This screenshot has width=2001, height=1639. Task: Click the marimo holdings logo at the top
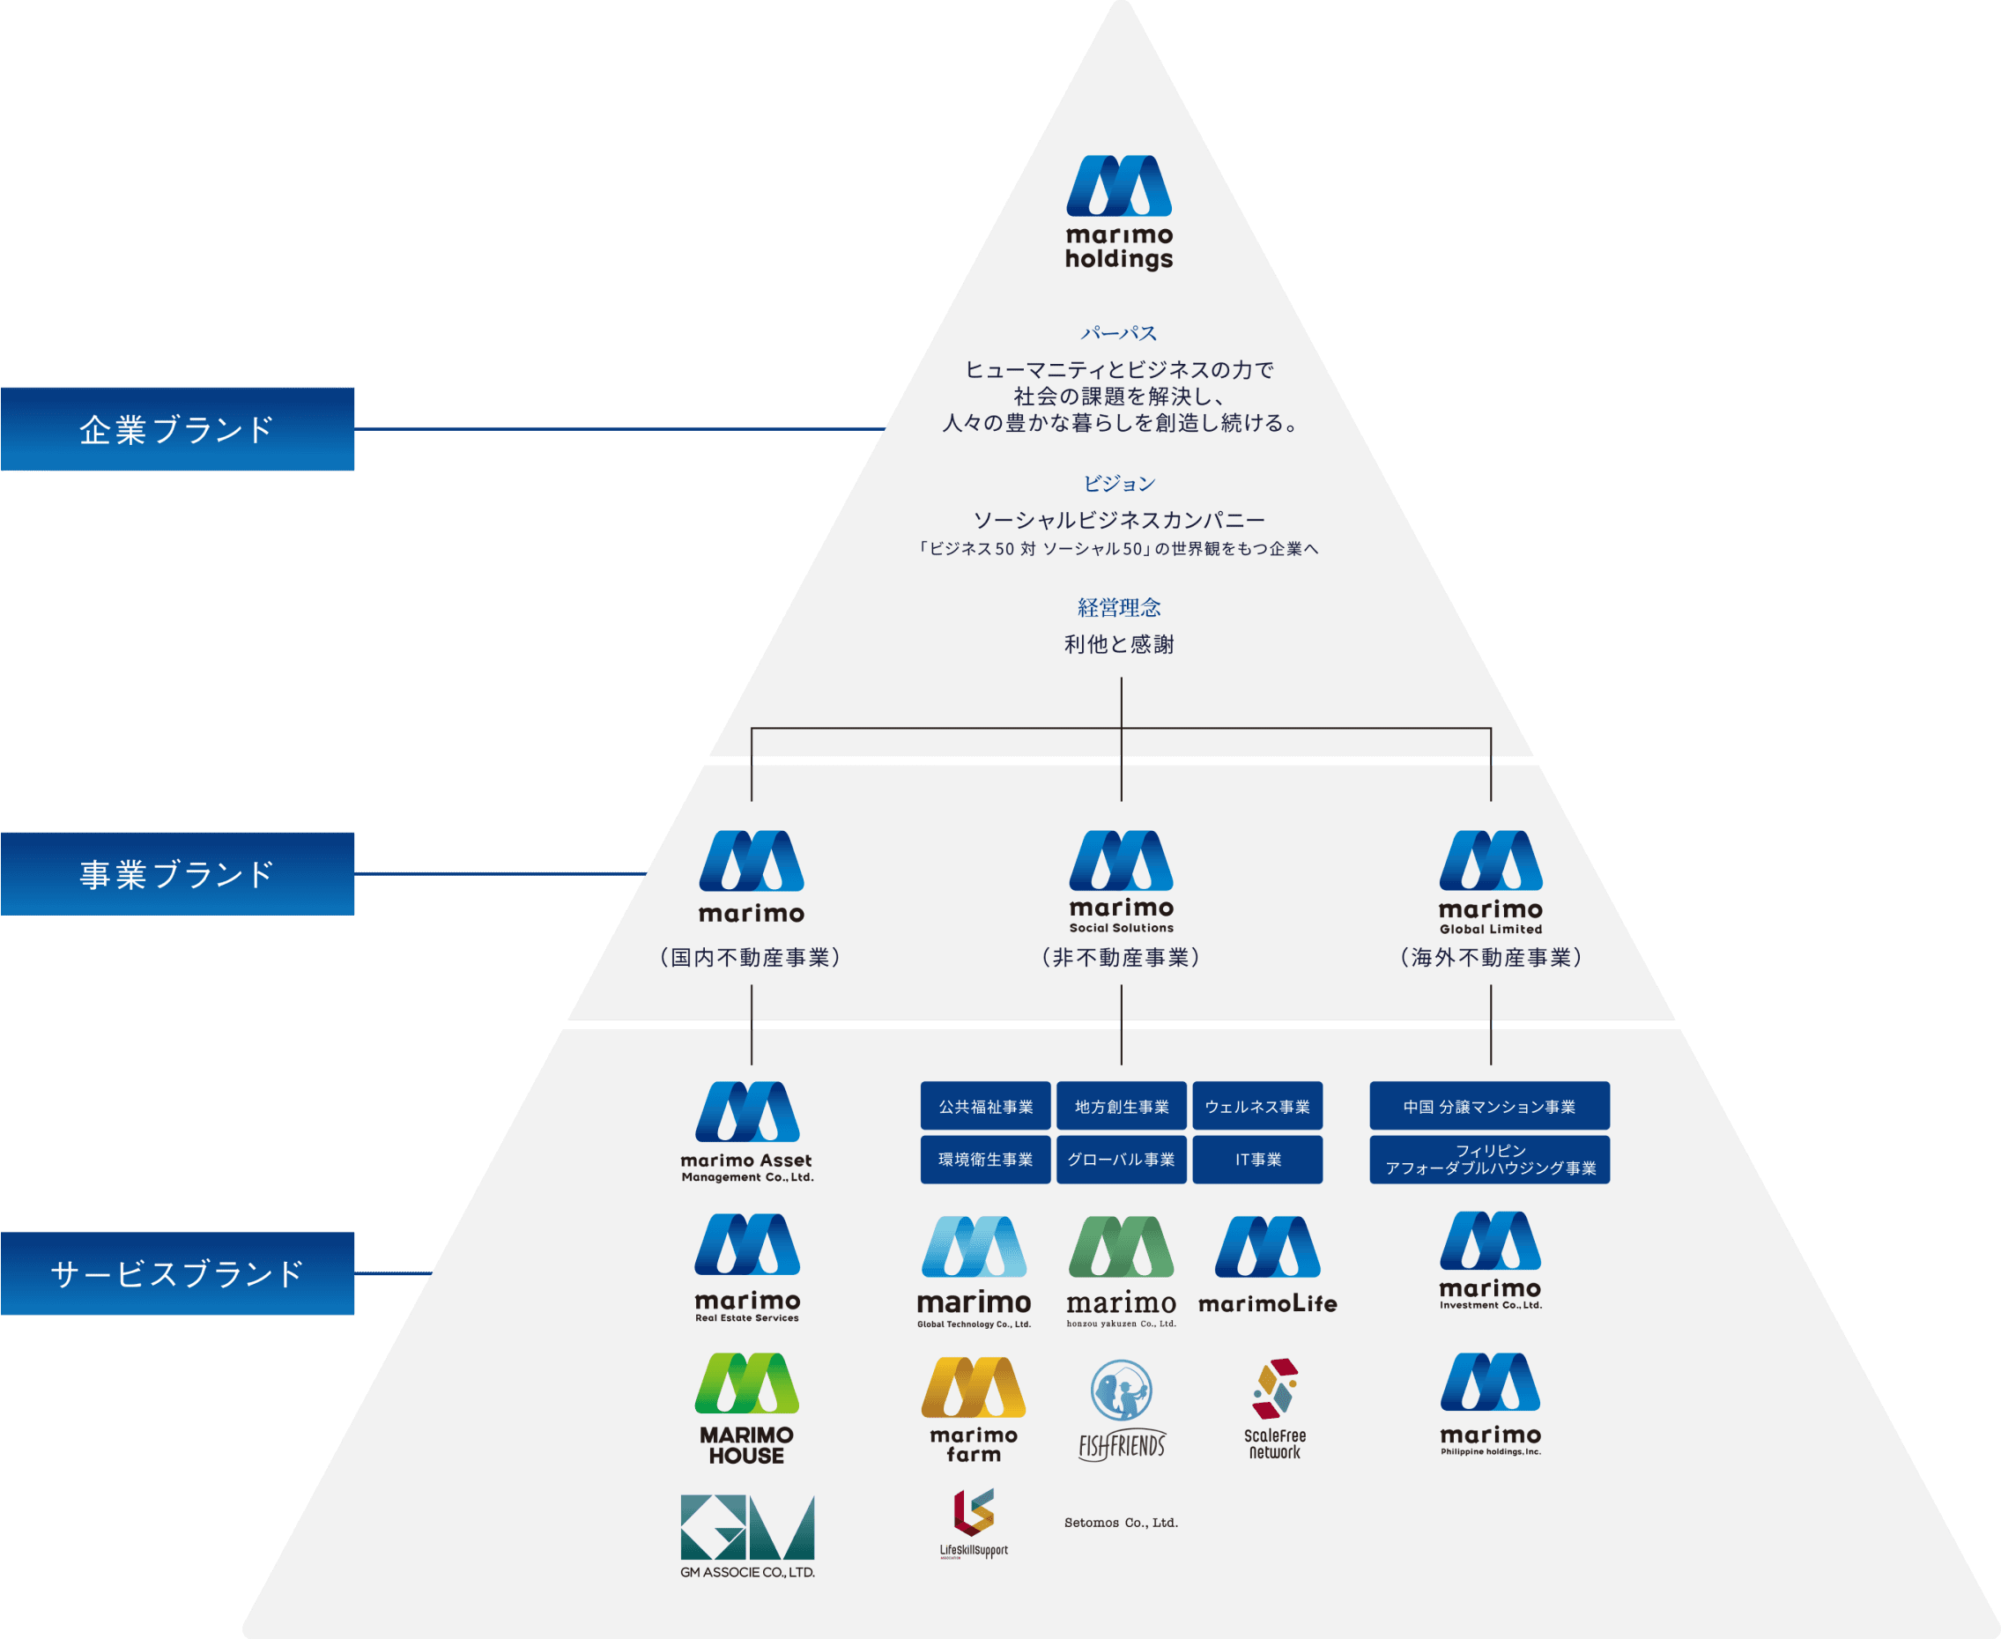coord(1119,212)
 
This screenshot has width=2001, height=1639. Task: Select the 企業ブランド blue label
coord(177,428)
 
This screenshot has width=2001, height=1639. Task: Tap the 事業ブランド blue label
coord(177,873)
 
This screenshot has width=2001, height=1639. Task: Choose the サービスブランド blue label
coord(177,1273)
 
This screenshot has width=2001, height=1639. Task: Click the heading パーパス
coord(1119,333)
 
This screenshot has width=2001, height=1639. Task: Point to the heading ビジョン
coord(1119,484)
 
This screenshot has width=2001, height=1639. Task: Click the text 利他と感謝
coord(1119,644)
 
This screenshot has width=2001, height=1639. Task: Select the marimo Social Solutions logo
coord(1122,881)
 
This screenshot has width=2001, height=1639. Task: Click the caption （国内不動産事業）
coord(751,957)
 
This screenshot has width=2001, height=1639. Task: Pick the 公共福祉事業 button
coord(985,1106)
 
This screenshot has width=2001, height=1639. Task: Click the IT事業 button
coord(1257,1160)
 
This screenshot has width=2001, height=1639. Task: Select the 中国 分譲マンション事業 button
coord(1489,1106)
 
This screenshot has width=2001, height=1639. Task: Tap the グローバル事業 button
coord(1122,1160)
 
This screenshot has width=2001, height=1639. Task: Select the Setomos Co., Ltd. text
coord(1122,1523)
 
